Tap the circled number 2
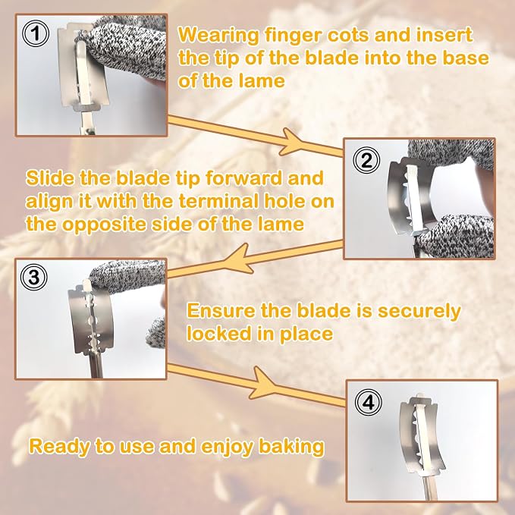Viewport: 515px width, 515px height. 366,160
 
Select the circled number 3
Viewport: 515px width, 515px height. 34,277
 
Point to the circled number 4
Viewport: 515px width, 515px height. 369,402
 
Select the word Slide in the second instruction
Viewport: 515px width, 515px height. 50,177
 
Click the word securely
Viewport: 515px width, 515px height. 419,312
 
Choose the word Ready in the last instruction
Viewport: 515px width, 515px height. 59,447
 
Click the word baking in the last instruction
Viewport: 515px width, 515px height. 291,447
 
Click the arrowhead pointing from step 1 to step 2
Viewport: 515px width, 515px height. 290,142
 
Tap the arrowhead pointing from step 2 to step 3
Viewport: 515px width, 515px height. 242,259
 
